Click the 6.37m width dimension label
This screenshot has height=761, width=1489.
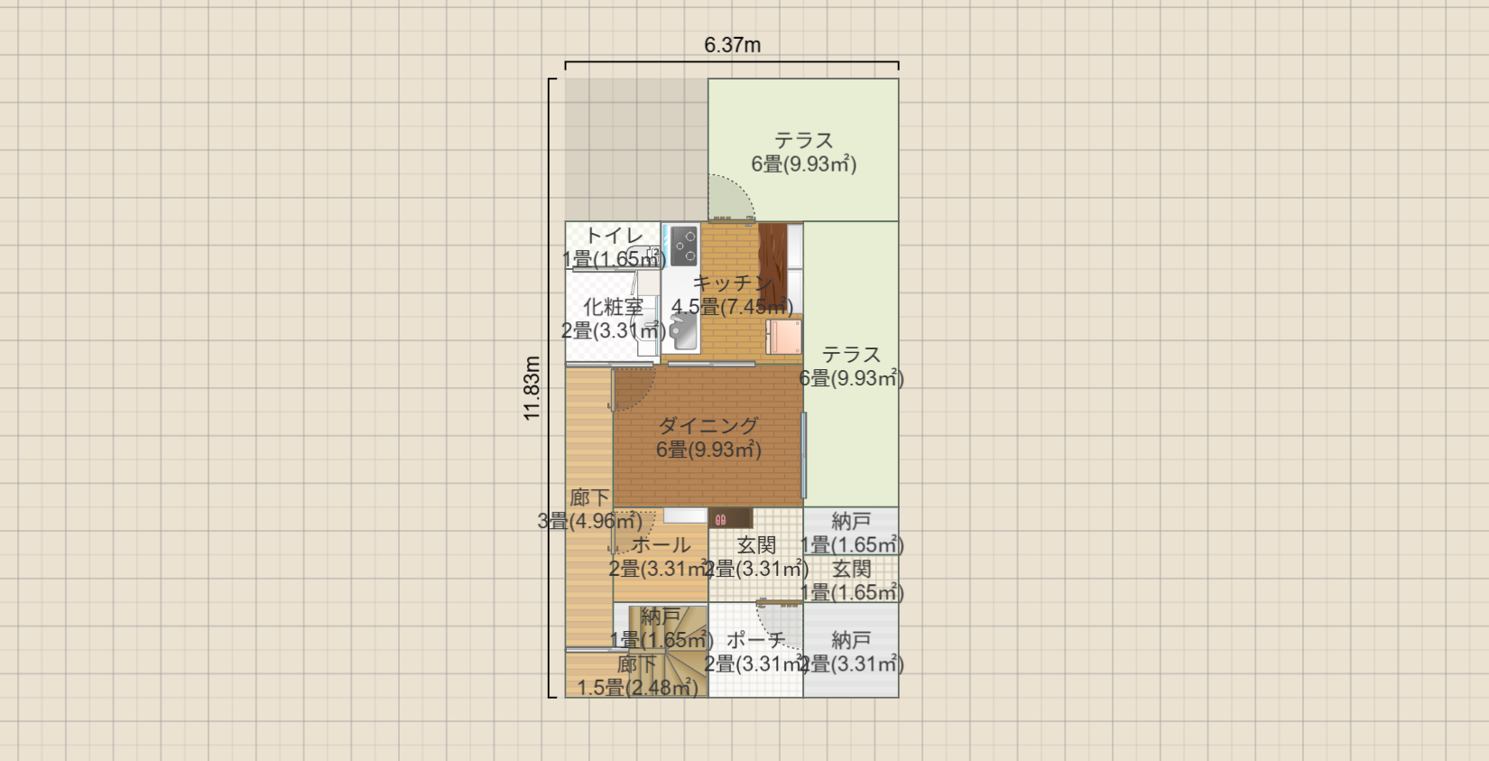click(732, 45)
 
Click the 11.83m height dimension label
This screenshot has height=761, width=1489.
click(532, 388)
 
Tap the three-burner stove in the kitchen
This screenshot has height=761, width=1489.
click(684, 246)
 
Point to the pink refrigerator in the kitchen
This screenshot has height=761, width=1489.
click(783, 337)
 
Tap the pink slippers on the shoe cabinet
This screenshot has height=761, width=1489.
click(720, 519)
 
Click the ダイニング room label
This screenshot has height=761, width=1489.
click(708, 425)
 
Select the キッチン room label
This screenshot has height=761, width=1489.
click(731, 283)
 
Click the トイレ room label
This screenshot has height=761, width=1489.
click(614, 236)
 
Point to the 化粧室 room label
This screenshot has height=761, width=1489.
click(614, 307)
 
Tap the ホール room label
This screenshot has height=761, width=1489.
click(661, 545)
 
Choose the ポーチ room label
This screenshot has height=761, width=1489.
click(755, 640)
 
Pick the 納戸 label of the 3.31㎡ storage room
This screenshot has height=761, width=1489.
click(851, 640)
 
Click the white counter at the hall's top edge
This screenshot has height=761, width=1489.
click(685, 515)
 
